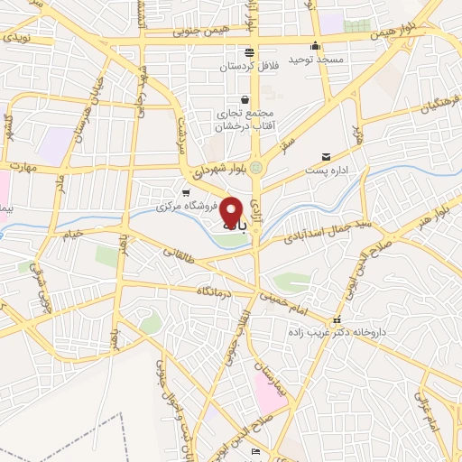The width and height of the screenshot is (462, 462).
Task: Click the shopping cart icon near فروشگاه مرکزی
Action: [186, 192]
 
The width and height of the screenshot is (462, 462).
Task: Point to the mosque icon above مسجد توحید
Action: [315, 47]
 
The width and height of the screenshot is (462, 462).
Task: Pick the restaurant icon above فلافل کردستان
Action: [249, 51]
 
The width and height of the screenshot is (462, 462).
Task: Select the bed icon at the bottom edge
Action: [255, 451]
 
